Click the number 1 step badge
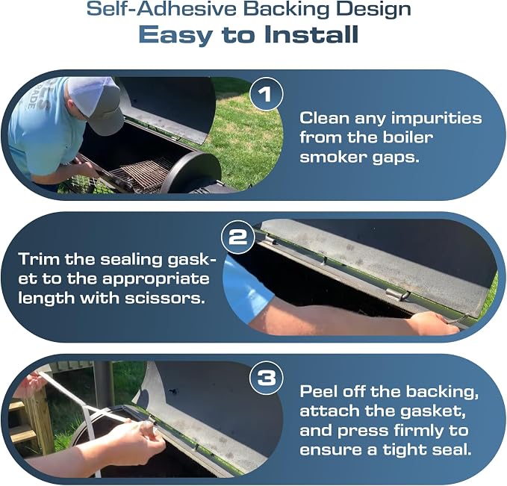(267, 95)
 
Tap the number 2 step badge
(237, 237)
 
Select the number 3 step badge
(267, 378)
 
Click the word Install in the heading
(311, 34)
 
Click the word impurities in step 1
(436, 118)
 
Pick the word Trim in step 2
(39, 259)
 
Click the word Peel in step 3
(318, 391)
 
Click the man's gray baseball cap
(97, 104)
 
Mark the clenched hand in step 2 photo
(433, 323)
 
